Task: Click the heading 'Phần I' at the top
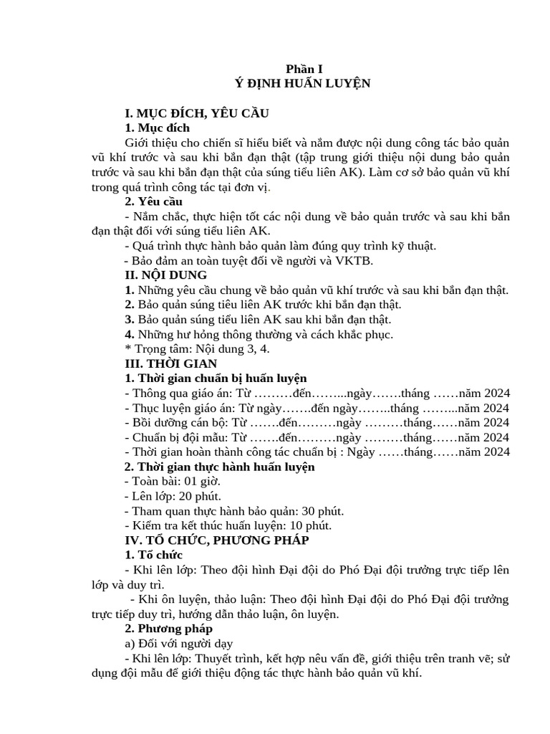(x=304, y=69)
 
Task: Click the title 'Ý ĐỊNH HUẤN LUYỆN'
(x=303, y=83)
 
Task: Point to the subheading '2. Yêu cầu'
(x=153, y=202)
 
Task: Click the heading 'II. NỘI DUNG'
(x=165, y=275)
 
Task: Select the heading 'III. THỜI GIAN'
(x=170, y=363)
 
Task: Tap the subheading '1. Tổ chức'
(x=153, y=555)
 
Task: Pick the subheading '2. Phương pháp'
(x=168, y=629)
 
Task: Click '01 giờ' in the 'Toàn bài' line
(x=205, y=481)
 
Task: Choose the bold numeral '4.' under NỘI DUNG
(x=130, y=334)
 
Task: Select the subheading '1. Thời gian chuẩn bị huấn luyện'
(x=216, y=378)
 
